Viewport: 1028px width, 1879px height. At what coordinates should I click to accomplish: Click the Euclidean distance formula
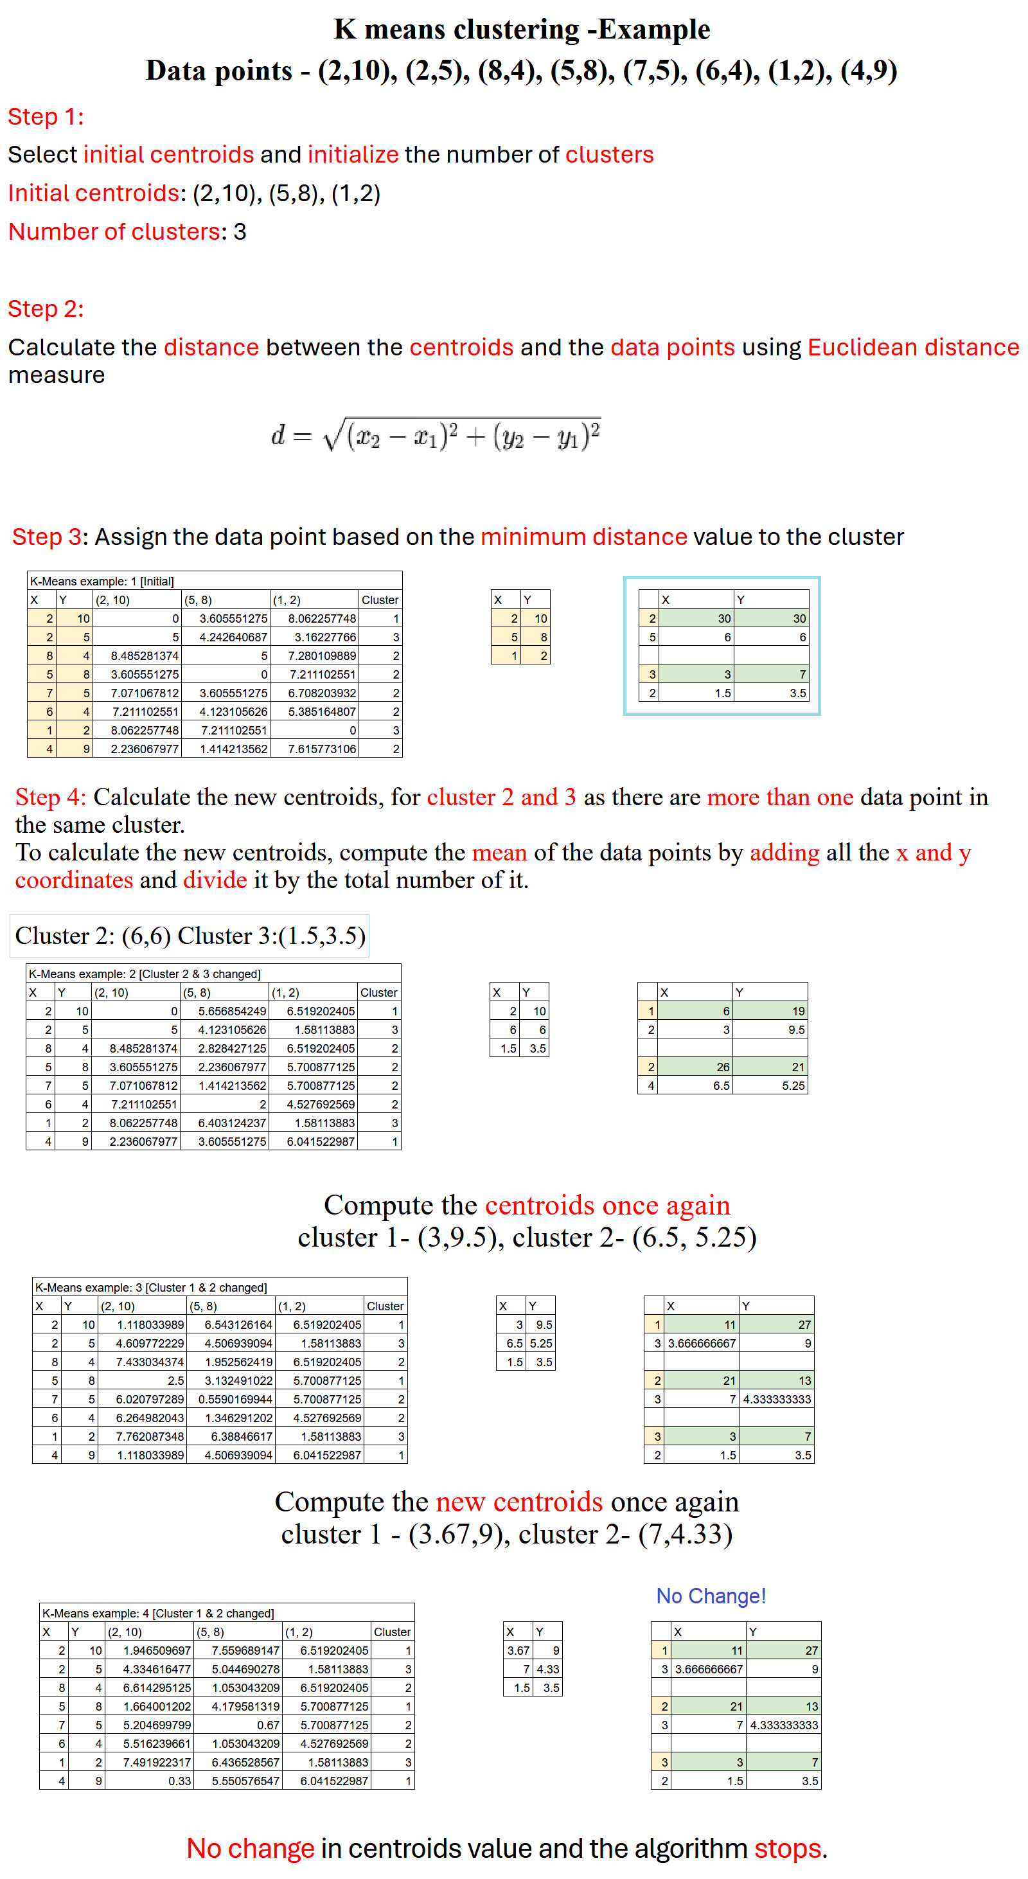(x=436, y=435)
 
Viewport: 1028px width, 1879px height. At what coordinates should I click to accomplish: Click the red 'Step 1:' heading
(x=45, y=117)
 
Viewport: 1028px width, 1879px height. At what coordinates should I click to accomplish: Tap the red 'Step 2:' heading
(x=45, y=308)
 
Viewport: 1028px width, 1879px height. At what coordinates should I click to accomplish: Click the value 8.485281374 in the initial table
(x=145, y=655)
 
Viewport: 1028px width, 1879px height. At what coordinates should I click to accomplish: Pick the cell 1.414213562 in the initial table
(x=233, y=749)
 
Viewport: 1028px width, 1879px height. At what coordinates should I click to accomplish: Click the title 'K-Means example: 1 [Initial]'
(x=102, y=581)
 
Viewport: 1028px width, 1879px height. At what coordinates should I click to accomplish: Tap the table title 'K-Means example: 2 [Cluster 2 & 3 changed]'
(x=144, y=973)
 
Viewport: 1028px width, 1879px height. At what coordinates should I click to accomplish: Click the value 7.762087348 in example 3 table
(x=150, y=1436)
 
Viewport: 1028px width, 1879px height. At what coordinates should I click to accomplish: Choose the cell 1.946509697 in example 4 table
(x=157, y=1650)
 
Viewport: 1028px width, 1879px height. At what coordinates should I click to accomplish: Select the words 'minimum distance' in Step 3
(x=583, y=537)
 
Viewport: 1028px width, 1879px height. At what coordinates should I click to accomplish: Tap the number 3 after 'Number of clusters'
(x=240, y=232)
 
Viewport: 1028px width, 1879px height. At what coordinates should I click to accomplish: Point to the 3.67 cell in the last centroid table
(x=518, y=1650)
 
